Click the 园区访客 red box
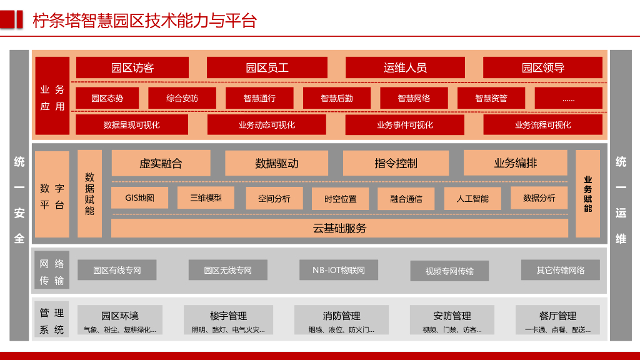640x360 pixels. tap(132, 67)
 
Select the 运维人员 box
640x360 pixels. tap(405, 67)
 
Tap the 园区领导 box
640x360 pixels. tap(542, 67)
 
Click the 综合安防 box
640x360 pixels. tap(182, 98)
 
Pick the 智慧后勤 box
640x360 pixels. tap(337, 98)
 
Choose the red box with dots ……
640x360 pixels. tap(568, 98)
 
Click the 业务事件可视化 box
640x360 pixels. tap(405, 124)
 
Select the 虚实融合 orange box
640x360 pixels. tap(161, 163)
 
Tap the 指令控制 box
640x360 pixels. tap(396, 163)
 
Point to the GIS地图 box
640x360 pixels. tap(139, 198)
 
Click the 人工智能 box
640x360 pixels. tap(472, 199)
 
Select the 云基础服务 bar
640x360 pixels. tap(339, 228)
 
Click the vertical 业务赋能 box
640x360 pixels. tap(587, 194)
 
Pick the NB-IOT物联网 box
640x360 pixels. tap(339, 270)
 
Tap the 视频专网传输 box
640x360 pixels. tap(449, 271)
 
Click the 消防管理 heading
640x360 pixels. tap(341, 316)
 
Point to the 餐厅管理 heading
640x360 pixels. tap(557, 316)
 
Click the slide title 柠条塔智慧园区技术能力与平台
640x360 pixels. tap(144, 20)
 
